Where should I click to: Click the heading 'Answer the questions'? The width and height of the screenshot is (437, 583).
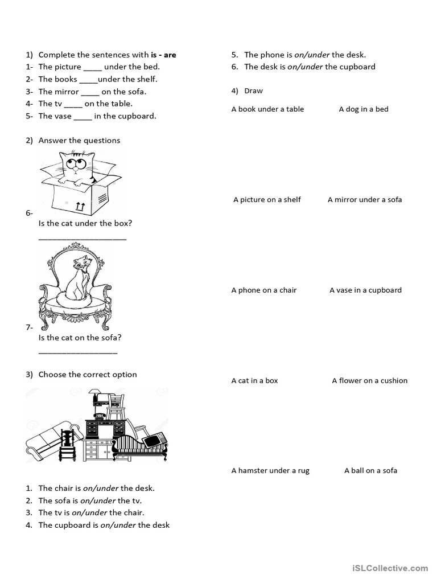[x=79, y=140]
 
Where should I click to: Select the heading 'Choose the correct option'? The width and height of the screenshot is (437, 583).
[x=88, y=374]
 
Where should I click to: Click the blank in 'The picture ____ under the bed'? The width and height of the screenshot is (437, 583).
[x=92, y=67]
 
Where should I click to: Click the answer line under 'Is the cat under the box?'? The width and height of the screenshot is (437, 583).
[x=83, y=238]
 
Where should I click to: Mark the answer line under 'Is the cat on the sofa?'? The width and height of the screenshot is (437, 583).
[x=78, y=353]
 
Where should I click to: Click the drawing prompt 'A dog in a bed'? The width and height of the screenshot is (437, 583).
[x=364, y=109]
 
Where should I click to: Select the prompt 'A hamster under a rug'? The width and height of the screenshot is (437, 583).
[x=270, y=470]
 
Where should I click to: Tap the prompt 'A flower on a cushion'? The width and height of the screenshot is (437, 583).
[x=370, y=380]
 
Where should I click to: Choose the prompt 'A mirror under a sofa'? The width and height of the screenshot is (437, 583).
[x=365, y=199]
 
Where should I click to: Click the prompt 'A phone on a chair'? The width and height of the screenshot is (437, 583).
[x=264, y=290]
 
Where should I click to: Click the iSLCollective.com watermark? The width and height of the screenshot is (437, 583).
[x=390, y=568]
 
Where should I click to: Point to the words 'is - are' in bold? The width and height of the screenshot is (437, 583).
[x=163, y=55]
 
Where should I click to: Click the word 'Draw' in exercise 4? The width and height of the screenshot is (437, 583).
[x=253, y=91]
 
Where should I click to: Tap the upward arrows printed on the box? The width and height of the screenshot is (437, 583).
[x=80, y=206]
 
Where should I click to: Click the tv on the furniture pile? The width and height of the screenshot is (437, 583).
[x=154, y=440]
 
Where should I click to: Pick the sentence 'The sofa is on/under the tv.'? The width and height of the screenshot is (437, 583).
[x=90, y=500]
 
